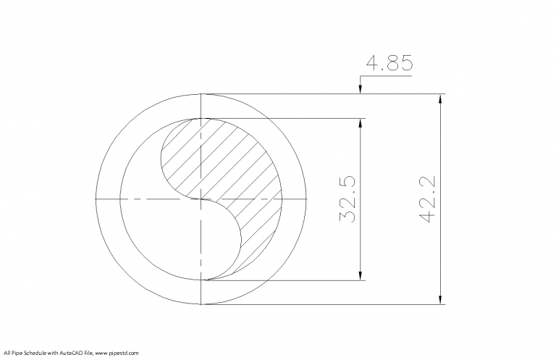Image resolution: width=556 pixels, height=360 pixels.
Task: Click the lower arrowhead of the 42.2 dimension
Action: (439, 298)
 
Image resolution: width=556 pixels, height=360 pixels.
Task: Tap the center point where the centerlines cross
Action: (201, 198)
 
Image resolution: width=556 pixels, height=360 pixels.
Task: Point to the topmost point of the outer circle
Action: (201, 94)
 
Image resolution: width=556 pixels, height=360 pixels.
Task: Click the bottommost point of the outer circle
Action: (201, 304)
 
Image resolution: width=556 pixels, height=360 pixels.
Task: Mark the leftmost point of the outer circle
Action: (96, 198)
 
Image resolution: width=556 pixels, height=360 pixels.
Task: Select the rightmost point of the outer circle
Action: (306, 198)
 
